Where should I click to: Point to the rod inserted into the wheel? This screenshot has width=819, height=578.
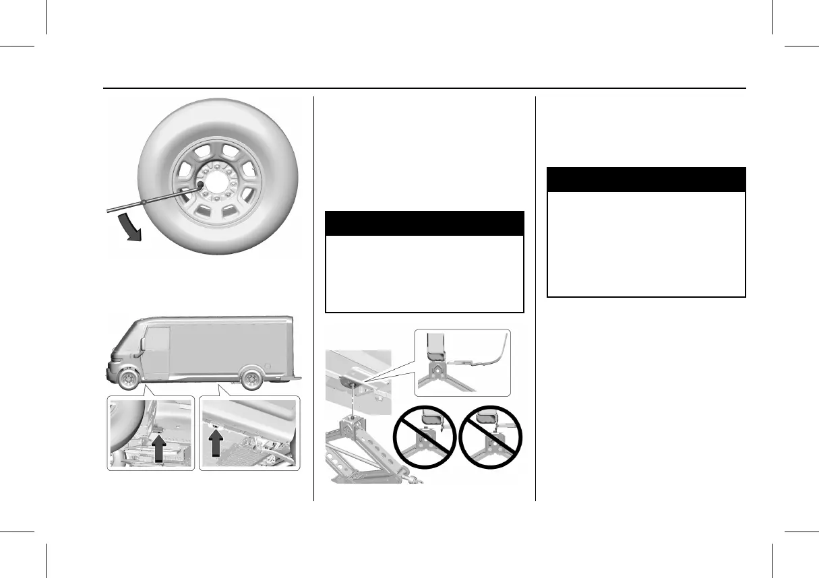[x=148, y=201]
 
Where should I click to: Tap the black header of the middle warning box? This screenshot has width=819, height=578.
[x=424, y=223]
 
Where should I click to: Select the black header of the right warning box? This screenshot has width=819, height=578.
[x=646, y=180]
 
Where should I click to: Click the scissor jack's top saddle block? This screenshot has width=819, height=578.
[x=352, y=425]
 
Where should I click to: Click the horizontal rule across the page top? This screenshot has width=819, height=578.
[x=424, y=88]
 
